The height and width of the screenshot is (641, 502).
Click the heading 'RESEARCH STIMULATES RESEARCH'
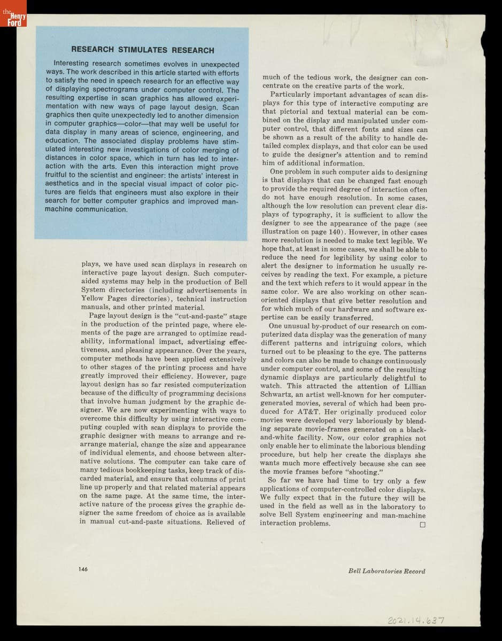pos(143,50)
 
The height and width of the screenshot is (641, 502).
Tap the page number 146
pos(83,569)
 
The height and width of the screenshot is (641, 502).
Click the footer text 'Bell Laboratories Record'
pos(387,571)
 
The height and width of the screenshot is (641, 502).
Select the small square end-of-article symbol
pos(422,525)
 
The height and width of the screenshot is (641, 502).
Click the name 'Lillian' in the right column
pos(412,386)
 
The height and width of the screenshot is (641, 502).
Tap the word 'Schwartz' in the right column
pos(279,395)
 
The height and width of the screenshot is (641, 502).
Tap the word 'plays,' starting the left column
pos(92,264)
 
